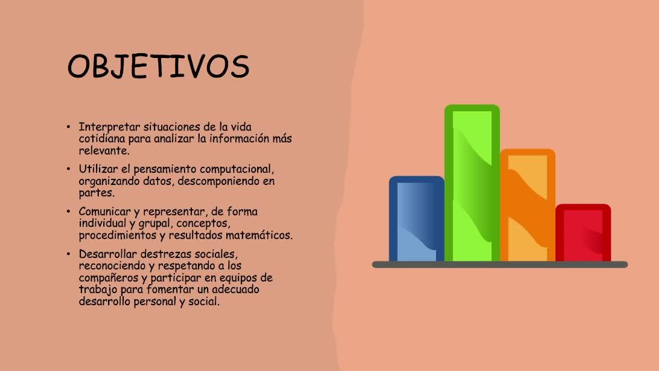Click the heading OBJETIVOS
click(x=159, y=66)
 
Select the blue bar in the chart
click(x=416, y=219)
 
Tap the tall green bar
click(x=472, y=183)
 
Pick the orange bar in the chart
click(x=527, y=205)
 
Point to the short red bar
click(x=583, y=233)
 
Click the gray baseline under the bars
click(x=500, y=265)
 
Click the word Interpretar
click(x=109, y=127)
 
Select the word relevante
click(x=104, y=150)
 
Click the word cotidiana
click(x=102, y=138)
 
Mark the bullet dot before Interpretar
click(x=69, y=127)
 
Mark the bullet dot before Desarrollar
click(x=69, y=254)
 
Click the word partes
click(x=96, y=193)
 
